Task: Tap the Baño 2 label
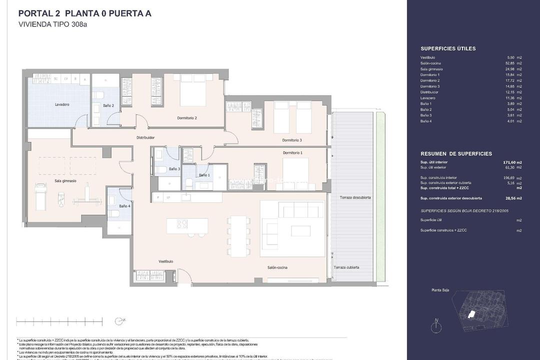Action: click(109, 105)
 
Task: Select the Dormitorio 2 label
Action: click(187, 118)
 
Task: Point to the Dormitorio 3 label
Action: click(292, 140)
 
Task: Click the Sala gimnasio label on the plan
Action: click(65, 180)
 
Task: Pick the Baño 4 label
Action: click(124, 206)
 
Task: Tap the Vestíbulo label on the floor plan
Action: click(166, 261)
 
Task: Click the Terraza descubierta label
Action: click(355, 197)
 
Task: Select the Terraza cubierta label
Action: click(346, 267)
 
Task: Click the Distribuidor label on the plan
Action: click(145, 137)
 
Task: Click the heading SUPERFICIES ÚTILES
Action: click(448, 48)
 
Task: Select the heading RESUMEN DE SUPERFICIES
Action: click(456, 154)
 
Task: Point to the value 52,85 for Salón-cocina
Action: click(509, 63)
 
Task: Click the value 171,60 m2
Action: click(512, 162)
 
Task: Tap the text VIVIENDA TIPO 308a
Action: click(53, 24)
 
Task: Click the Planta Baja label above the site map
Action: click(440, 290)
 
